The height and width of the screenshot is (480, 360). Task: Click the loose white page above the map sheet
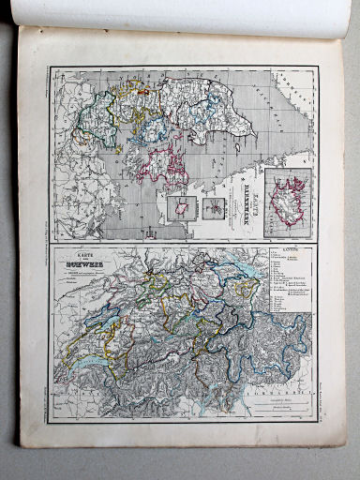(187, 13)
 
